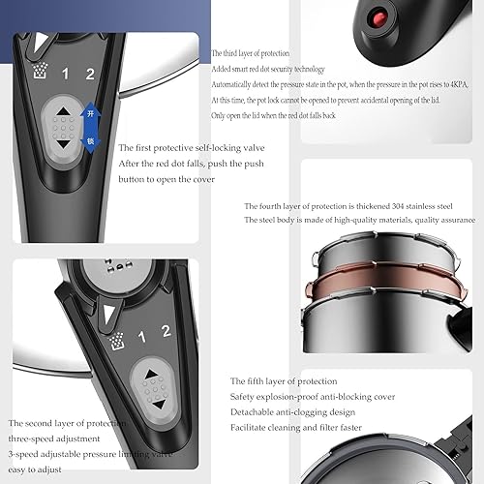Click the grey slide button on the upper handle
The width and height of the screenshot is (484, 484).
pos(63,126)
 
